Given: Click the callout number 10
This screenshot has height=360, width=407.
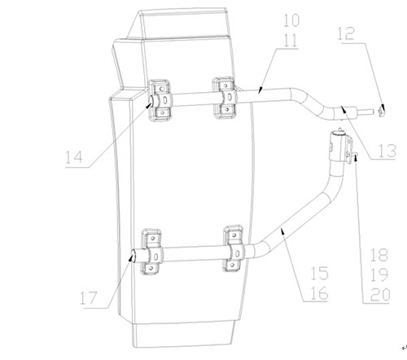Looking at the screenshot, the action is coord(291,21).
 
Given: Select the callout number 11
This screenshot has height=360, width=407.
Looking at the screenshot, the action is coord(291,41).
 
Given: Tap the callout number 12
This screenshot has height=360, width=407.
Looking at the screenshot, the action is coord(346,33).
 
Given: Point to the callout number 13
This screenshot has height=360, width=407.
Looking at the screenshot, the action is coord(387,151).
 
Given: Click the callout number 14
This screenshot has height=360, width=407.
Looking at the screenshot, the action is coord(74,157).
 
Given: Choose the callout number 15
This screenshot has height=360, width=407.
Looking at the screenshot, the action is coord(319,273).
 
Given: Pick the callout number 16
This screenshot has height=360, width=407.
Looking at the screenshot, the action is coord(319,293).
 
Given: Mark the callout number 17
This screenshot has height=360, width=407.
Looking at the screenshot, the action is coord(89,298).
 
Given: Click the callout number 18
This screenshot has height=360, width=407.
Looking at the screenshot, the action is coord(379,255).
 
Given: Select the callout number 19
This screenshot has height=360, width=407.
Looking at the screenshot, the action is coord(379,275).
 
